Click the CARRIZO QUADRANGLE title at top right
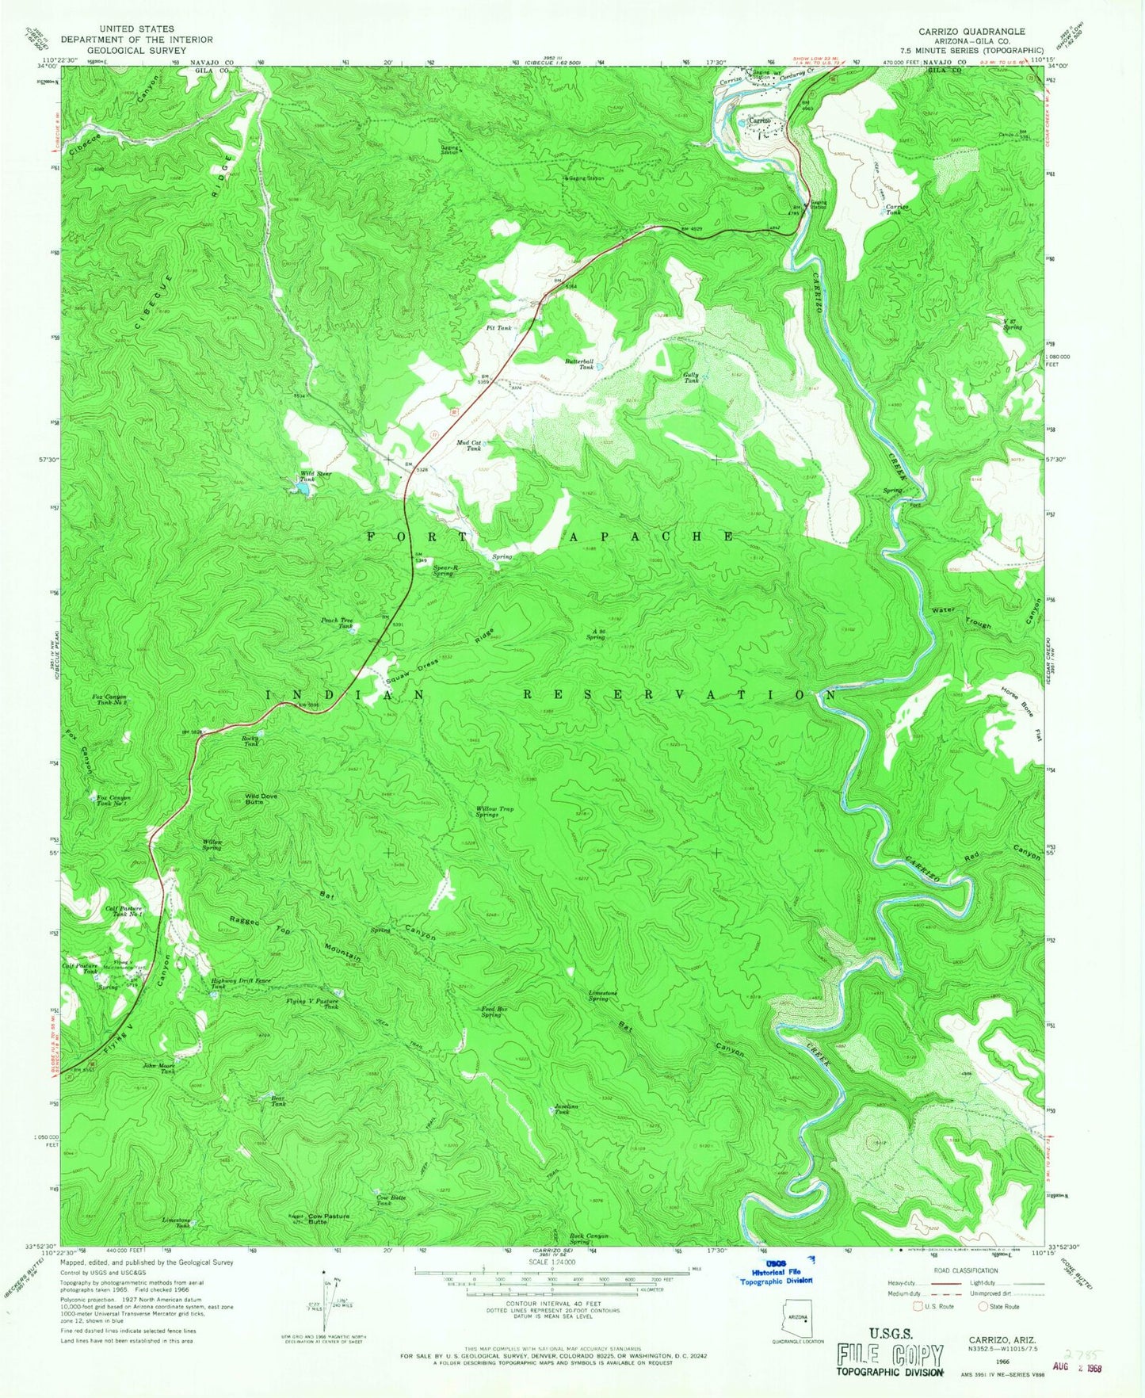click(x=971, y=32)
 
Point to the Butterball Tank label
click(x=578, y=364)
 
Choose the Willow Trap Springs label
click(x=494, y=812)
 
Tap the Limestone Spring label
click(x=600, y=995)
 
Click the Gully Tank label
click(x=692, y=377)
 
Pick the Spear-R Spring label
click(x=443, y=570)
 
